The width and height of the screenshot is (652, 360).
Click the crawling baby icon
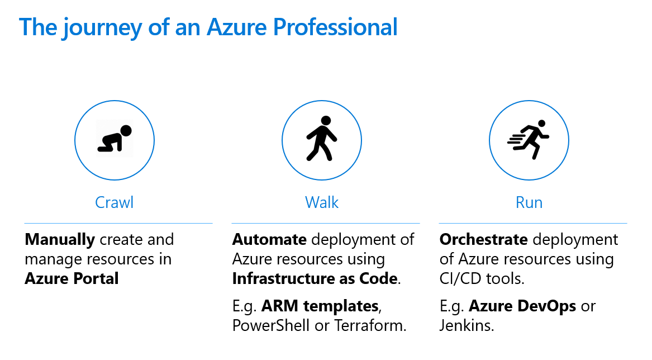coord(115,139)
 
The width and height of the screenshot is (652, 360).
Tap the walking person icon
coord(321,139)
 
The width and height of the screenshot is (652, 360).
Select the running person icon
coord(528,139)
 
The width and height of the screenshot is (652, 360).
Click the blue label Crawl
coord(115,203)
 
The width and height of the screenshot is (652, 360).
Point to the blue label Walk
coord(322,203)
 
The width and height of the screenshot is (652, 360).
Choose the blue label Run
coord(529,203)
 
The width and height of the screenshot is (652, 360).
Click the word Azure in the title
coord(236,27)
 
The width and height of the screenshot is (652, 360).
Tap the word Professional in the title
coord(335,27)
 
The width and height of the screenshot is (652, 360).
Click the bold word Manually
coord(60,240)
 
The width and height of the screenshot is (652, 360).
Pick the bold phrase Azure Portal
coord(72,278)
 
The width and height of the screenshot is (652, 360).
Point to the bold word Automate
coord(269,240)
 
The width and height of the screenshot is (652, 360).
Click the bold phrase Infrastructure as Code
coord(315,278)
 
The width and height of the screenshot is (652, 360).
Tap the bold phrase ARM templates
coord(320,306)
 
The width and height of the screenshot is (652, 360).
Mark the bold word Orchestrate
coord(484,240)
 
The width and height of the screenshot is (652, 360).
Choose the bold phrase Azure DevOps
coord(522,306)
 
